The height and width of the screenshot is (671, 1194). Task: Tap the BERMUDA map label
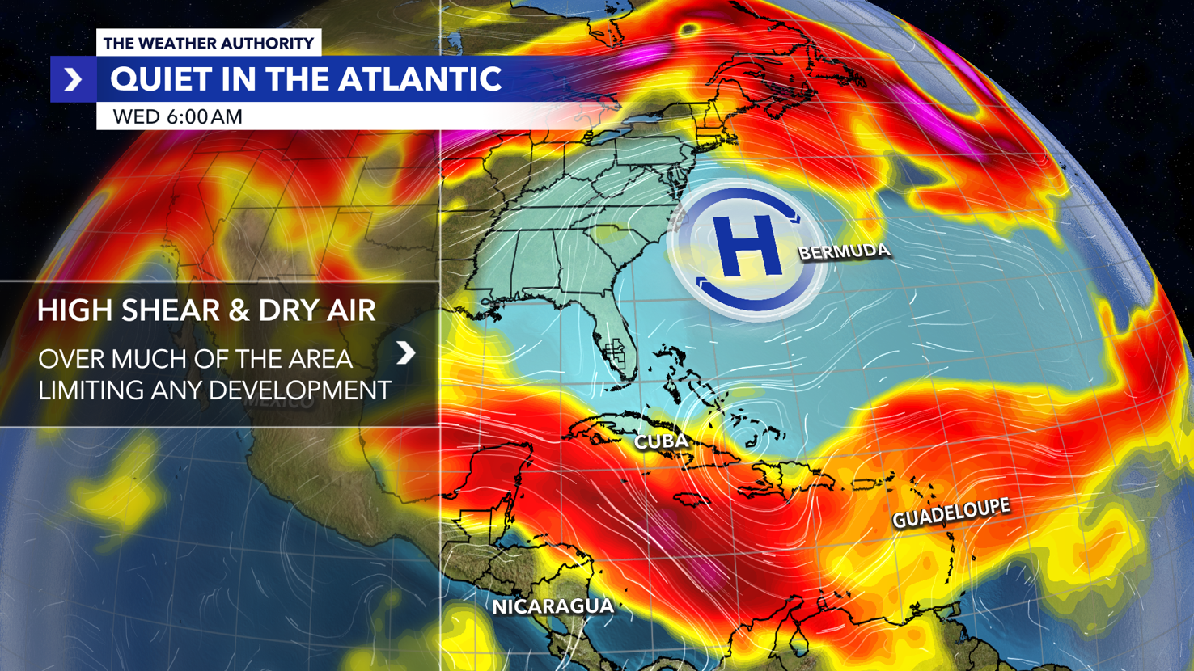844,252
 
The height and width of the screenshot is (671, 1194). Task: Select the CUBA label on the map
661,441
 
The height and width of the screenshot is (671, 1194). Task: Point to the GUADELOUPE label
951,513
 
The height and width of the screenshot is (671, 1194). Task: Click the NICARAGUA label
553,606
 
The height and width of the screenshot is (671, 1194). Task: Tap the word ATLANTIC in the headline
420,79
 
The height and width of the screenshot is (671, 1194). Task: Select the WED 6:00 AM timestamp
177,116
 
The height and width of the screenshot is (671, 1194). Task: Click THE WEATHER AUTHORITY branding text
208,43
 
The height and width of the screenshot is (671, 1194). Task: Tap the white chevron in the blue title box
73,79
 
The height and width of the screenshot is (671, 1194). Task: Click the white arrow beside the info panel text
406,353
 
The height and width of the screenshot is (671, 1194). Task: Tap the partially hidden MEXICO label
280,402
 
